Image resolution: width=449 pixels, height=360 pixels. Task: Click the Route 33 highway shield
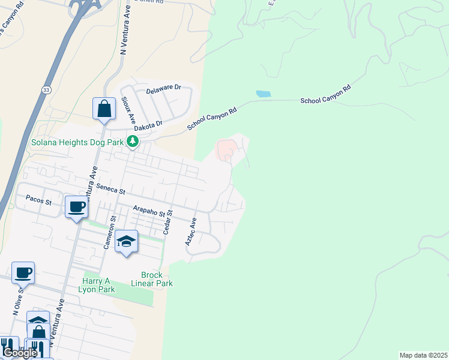[46, 89]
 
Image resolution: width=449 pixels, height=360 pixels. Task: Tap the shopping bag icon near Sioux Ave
[104, 109]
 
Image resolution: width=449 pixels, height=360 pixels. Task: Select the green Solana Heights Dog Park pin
[132, 142]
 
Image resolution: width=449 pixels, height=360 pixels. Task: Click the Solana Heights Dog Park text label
[77, 142]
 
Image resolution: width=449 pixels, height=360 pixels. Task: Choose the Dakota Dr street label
[148, 125]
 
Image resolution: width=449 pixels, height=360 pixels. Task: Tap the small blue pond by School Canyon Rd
[263, 94]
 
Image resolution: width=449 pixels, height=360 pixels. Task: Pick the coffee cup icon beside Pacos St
[76, 207]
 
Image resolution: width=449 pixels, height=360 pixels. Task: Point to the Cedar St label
[169, 221]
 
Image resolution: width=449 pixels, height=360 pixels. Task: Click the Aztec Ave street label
[191, 230]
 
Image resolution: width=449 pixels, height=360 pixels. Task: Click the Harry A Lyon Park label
[97, 284]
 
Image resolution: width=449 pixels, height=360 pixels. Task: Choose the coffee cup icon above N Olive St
[23, 272]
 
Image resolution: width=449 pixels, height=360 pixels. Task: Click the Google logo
[20, 353]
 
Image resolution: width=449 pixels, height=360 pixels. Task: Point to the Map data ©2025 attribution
[423, 355]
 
